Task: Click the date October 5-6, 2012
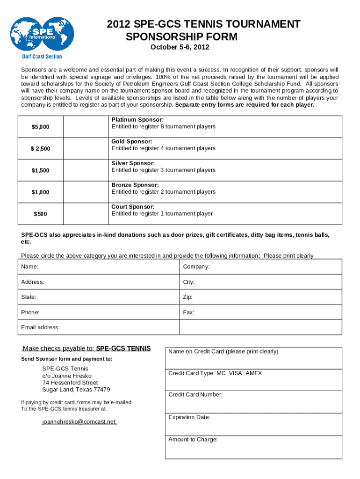(180, 48)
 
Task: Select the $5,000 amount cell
(40, 127)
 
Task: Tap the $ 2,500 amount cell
(40, 149)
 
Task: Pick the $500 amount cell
(40, 214)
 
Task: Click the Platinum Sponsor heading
(137, 120)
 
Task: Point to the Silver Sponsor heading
(133, 163)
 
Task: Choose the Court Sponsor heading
(132, 207)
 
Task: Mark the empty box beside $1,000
(85, 192)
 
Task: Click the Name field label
(30, 267)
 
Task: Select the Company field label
(196, 267)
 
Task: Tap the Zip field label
(187, 297)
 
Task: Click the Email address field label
(40, 327)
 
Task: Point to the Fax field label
(188, 312)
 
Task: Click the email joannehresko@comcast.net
(79, 421)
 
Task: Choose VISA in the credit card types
(236, 373)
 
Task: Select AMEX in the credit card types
(254, 373)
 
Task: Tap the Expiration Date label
(189, 417)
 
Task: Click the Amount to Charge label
(193, 439)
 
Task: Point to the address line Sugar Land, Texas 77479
(76, 390)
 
